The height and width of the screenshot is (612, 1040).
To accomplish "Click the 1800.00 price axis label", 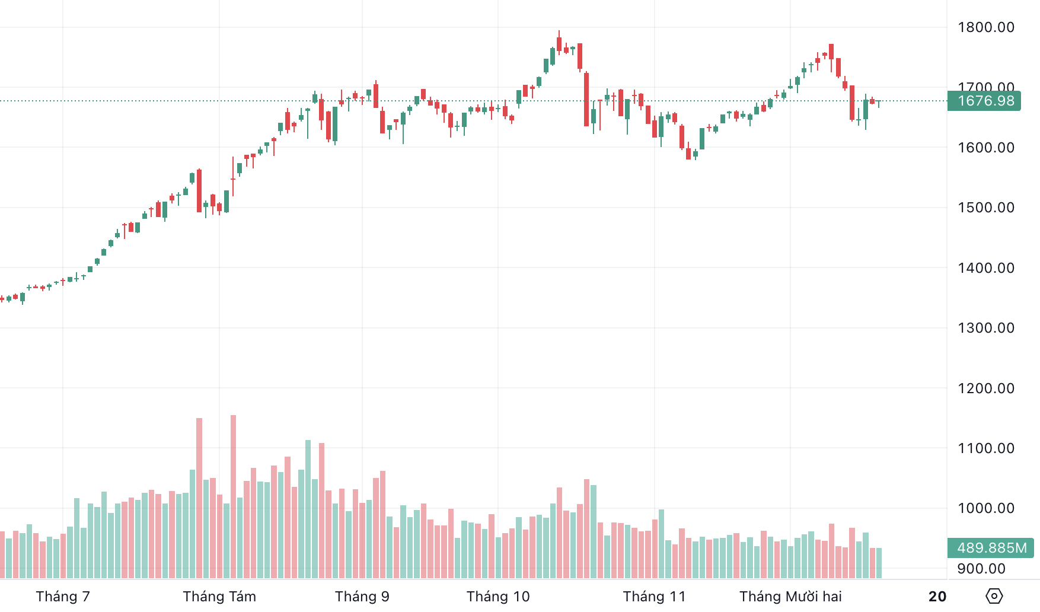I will tap(985, 27).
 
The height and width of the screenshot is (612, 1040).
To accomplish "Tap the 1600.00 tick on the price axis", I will tap(985, 148).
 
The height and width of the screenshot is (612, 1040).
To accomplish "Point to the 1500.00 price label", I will tap(985, 208).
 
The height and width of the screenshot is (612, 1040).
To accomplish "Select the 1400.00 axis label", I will tap(985, 268).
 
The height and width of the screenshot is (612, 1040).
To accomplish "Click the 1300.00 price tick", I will tap(985, 328).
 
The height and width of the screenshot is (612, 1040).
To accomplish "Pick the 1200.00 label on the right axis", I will tap(985, 388).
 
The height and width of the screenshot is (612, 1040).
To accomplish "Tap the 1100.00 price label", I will tap(985, 448).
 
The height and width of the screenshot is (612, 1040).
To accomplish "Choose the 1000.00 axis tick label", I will tap(985, 508).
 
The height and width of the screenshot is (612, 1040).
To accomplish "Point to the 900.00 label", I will tap(981, 569).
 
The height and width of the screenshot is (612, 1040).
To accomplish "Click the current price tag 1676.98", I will tap(985, 101).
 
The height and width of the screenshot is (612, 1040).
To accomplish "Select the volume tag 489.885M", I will tap(991, 548).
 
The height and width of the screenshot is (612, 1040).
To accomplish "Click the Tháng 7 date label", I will tap(63, 597).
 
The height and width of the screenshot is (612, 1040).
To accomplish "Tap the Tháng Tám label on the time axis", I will tap(219, 597).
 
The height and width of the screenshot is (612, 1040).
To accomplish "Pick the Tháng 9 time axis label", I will tap(362, 597).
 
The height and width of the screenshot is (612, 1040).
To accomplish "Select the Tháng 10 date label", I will tap(498, 597).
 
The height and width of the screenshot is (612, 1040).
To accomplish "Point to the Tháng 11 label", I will tap(655, 597).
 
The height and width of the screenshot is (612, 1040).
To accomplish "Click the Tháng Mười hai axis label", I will tap(790, 597).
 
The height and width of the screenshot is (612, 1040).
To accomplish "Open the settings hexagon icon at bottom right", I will tap(994, 596).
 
